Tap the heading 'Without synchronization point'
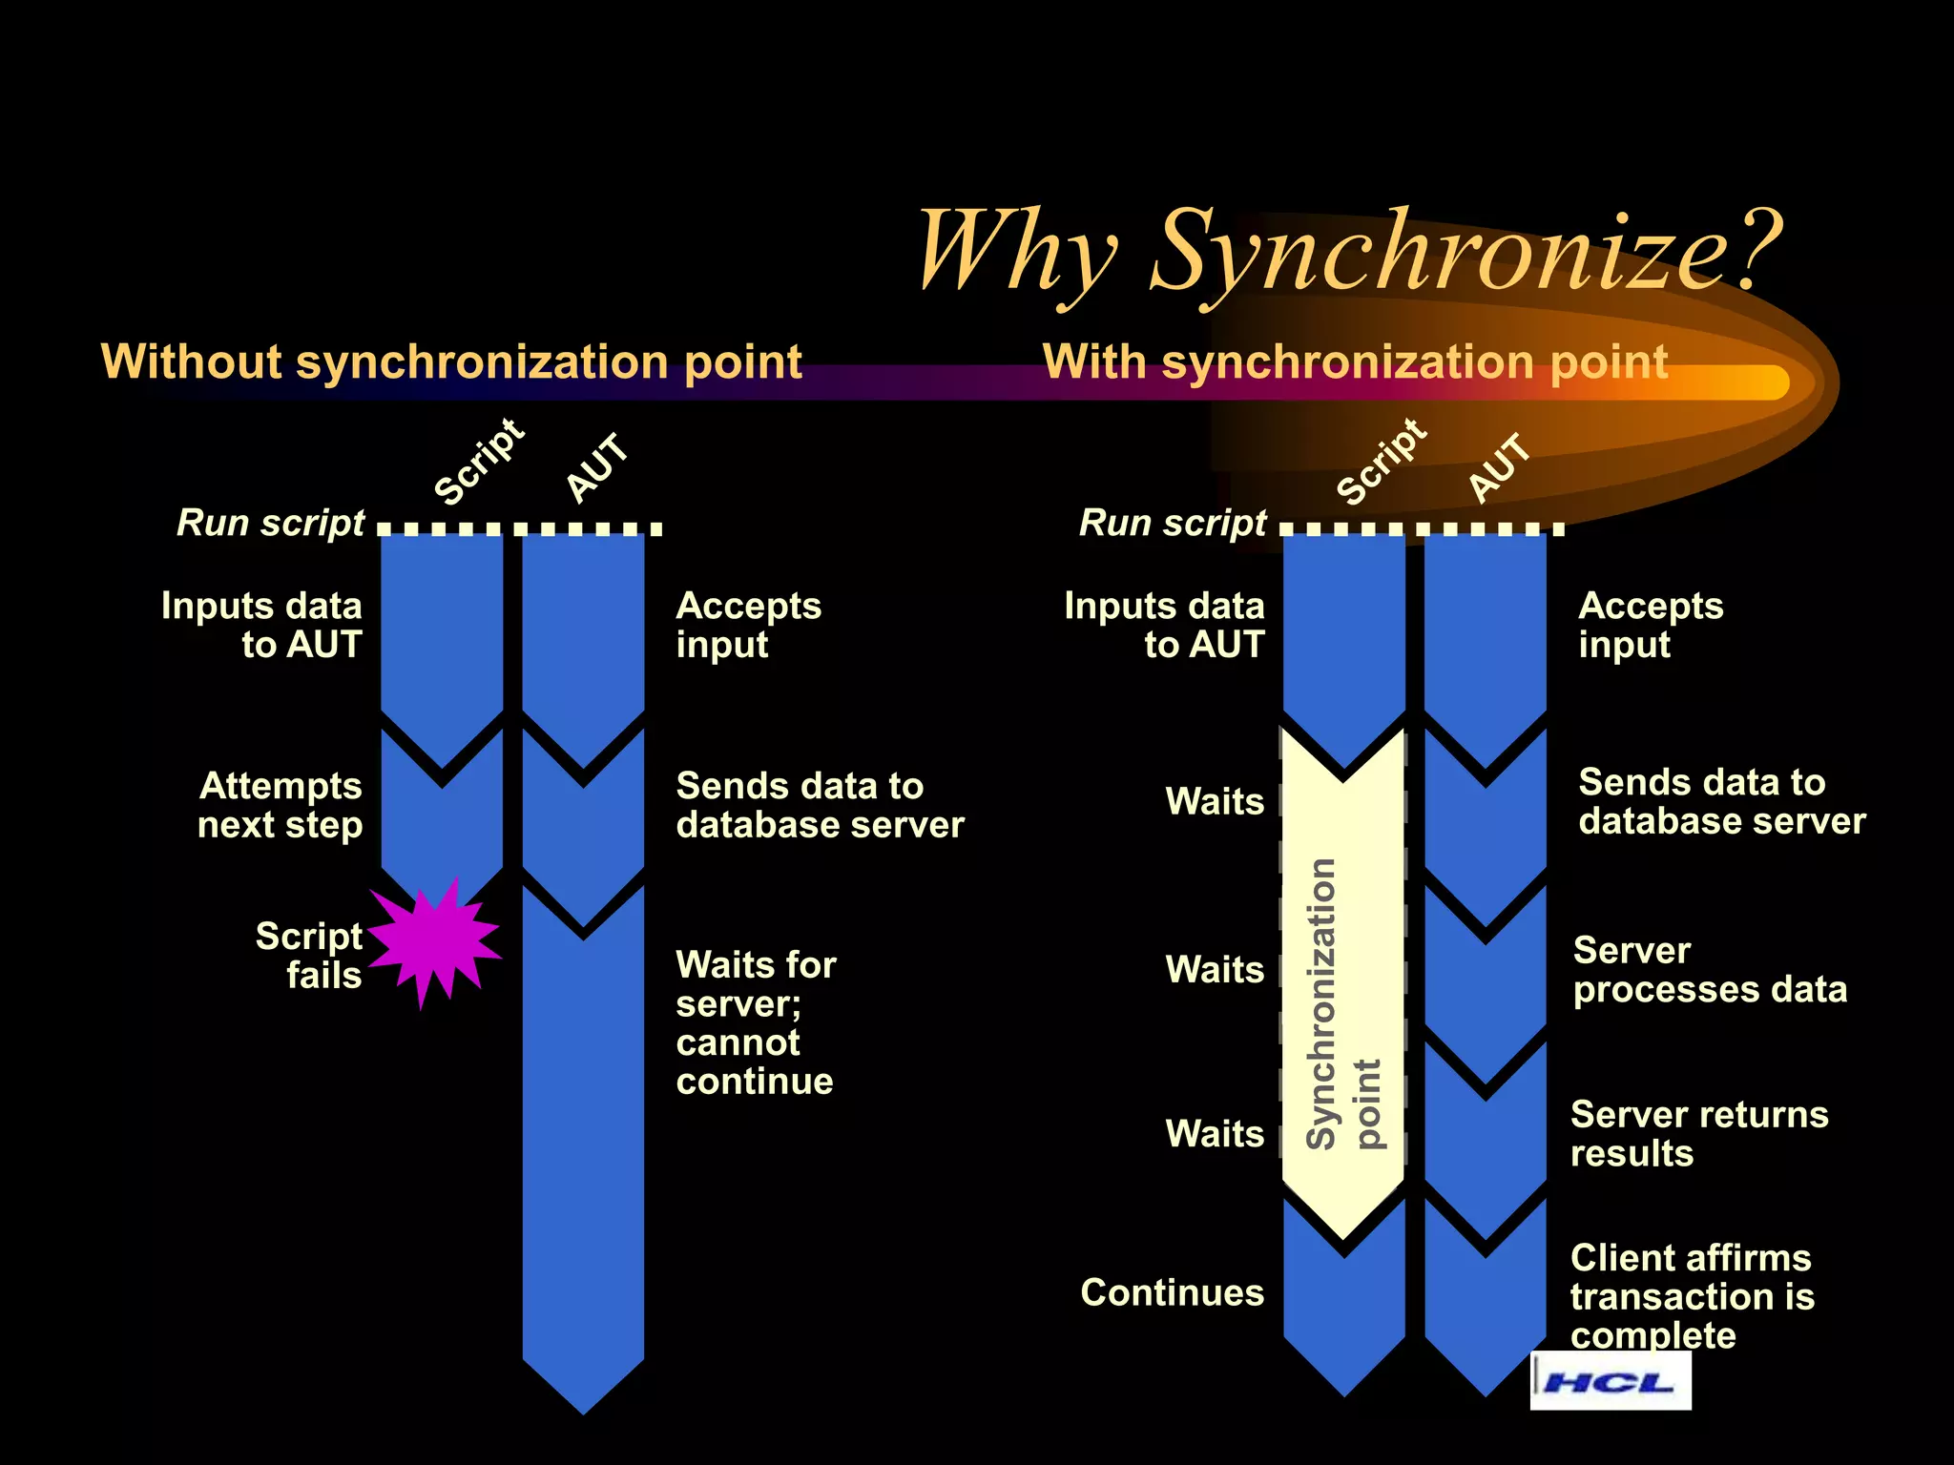point(451,362)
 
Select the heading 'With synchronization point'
point(1355,362)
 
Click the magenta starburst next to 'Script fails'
point(434,939)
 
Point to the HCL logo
point(1610,1381)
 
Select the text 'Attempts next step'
point(280,805)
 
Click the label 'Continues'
point(1172,1292)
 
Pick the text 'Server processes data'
point(1710,970)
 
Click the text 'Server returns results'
point(1698,1134)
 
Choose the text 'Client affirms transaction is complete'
point(1692,1296)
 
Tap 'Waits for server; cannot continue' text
point(756,1022)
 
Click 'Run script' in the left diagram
point(270,523)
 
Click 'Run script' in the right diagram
point(1173,523)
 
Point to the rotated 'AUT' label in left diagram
point(598,467)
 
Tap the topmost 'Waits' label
point(1215,801)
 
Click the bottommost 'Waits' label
point(1215,1134)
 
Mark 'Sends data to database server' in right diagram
point(1721,801)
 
